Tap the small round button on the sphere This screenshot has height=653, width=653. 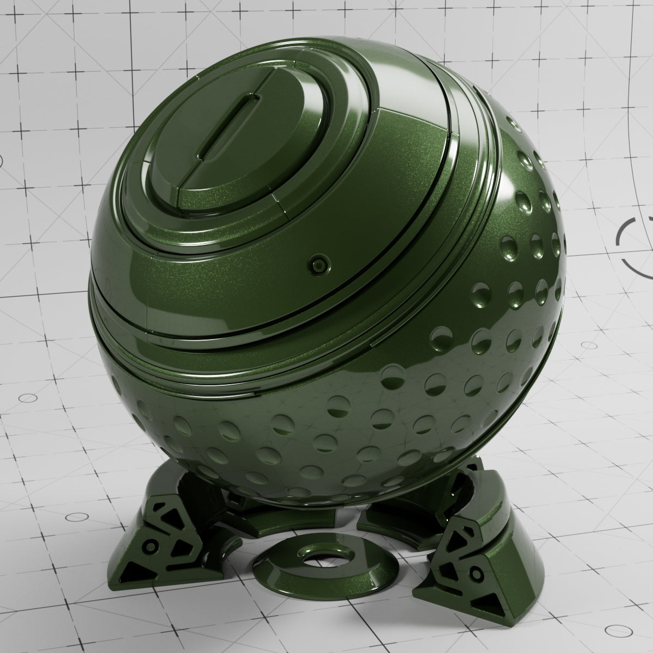[316, 265]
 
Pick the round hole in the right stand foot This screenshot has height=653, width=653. [478, 572]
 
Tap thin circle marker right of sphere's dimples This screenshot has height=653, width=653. [588, 346]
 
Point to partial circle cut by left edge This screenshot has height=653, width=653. [1, 161]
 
